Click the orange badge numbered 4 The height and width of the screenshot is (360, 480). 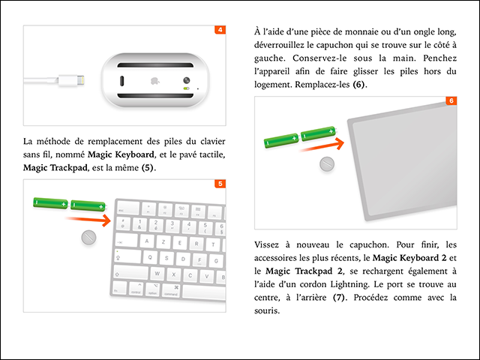pyautogui.click(x=220, y=31)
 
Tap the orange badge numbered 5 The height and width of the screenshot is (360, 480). pyautogui.click(x=220, y=184)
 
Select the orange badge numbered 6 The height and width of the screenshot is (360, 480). pyautogui.click(x=451, y=100)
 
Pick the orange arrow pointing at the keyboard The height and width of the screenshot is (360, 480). pyautogui.click(x=88, y=220)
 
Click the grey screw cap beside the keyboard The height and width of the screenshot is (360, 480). pyautogui.click(x=89, y=238)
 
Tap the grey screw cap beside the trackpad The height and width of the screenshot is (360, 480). pyautogui.click(x=326, y=165)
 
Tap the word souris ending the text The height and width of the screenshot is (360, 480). pyautogui.click(x=268, y=311)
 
